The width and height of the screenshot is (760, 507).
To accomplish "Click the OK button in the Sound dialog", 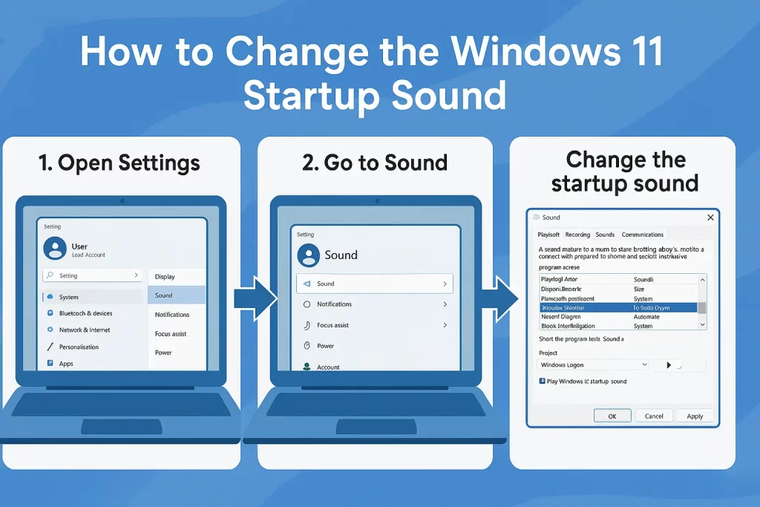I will click(x=612, y=416).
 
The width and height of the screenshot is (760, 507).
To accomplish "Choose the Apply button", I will click(x=695, y=416).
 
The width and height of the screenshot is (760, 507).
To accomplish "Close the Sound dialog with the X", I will click(x=710, y=217).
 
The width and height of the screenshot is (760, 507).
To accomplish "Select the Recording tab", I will click(x=577, y=235).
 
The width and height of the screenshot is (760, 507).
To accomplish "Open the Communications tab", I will click(x=643, y=235).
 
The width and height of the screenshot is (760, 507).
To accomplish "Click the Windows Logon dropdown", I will click(x=593, y=364).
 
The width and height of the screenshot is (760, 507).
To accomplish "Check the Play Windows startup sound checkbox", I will click(x=543, y=381).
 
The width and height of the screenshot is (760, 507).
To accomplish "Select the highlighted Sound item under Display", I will click(x=177, y=295).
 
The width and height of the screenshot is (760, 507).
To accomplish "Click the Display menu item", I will click(x=177, y=276).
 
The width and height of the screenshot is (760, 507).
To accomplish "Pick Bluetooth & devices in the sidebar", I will click(x=85, y=313).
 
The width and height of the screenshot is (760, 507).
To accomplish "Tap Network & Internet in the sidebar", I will click(x=84, y=330).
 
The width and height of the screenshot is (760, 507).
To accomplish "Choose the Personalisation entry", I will click(x=79, y=347).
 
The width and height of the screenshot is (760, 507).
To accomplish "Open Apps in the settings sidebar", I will click(x=66, y=364).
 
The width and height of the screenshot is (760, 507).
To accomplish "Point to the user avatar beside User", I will click(x=55, y=249).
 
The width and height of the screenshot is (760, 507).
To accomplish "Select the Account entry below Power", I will click(x=327, y=367).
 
